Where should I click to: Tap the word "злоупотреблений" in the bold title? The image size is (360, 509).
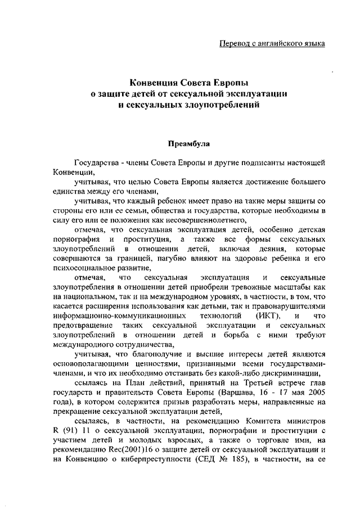pyautogui.click(x=211, y=104)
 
